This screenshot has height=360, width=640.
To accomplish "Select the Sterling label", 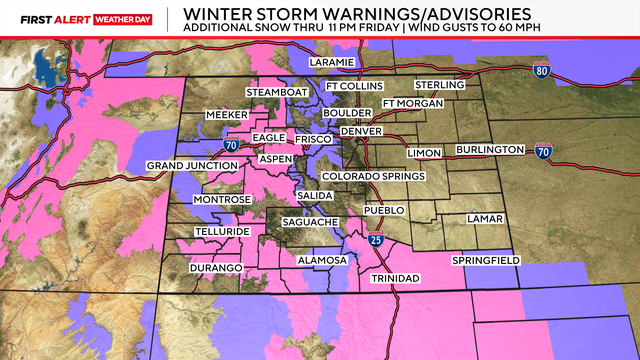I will [x=441, y=85].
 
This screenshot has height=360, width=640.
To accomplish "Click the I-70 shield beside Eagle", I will [x=232, y=145].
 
